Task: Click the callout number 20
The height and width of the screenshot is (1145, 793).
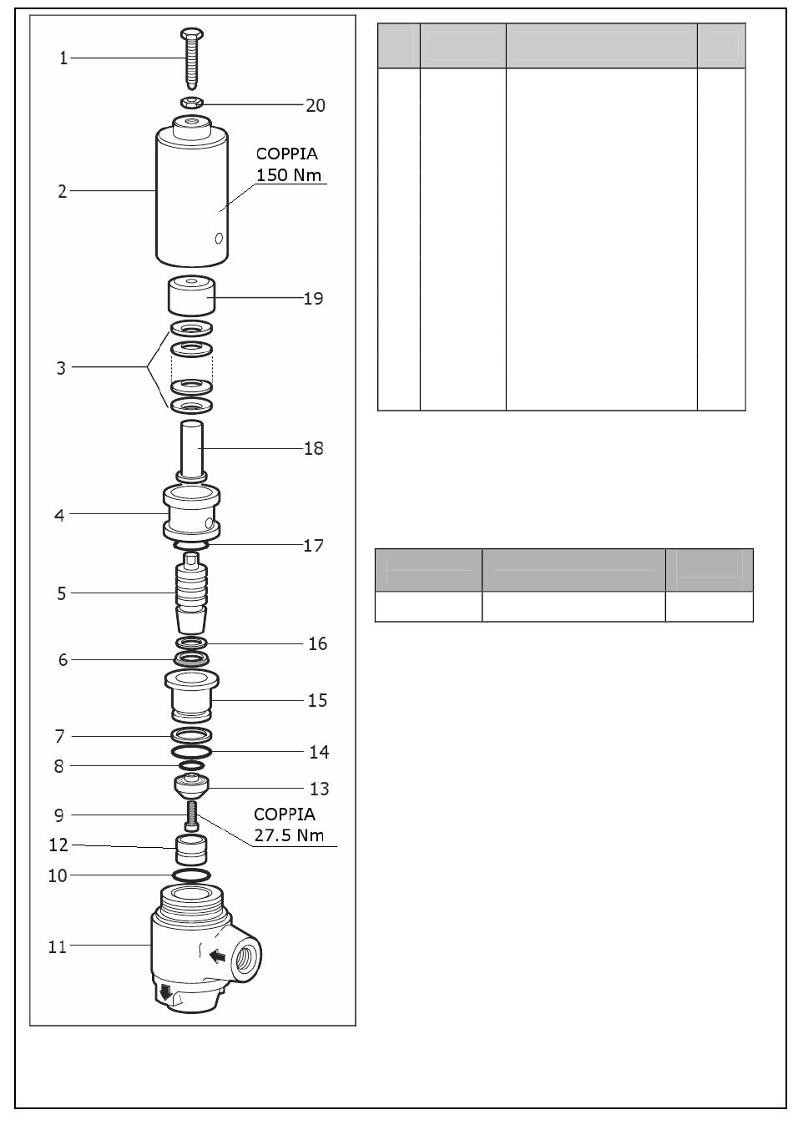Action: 316,105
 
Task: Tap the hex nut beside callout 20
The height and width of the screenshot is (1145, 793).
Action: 192,102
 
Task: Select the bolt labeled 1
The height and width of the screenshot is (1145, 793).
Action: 192,58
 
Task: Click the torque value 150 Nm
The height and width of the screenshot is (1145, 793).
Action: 289,174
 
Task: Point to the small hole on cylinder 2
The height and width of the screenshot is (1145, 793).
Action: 219,238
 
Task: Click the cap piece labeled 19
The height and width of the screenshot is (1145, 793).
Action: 191,295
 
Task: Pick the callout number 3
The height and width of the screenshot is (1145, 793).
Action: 61,368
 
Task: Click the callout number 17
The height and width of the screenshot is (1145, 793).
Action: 313,546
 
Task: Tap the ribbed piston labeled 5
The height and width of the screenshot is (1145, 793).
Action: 191,593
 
